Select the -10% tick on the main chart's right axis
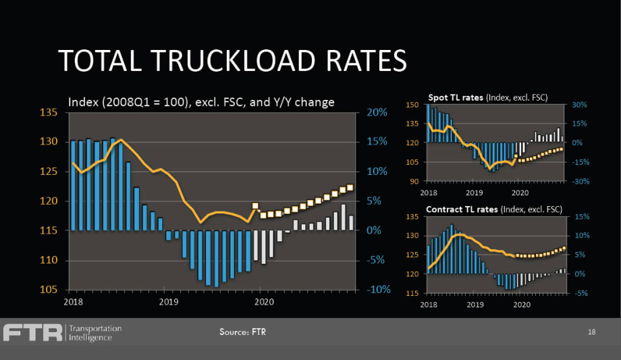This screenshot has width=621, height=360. coord(379,290)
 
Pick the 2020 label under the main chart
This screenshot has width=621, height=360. coord(263,301)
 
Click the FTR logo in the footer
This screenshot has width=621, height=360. coord(32,333)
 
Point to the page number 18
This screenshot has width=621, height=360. coord(591,332)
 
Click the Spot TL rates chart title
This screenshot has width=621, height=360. coord(487,98)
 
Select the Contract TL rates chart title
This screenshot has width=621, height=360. coord(493,209)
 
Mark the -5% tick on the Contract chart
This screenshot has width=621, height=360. coord(581,293)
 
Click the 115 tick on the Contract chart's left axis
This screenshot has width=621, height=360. coord(413,293)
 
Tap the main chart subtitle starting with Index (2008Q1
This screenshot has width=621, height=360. coord(202,102)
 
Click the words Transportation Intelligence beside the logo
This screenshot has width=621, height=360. coord(95,333)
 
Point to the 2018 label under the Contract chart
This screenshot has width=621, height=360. coord(429,304)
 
